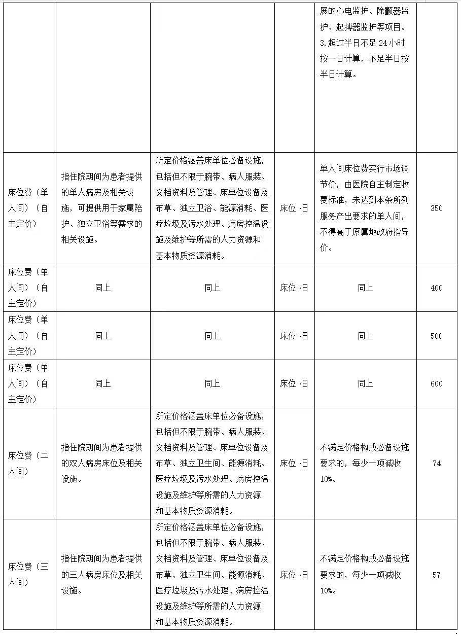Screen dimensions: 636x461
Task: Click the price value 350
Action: tap(436, 208)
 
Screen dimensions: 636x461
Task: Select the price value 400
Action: tap(436, 288)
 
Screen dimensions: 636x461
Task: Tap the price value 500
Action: tap(436, 336)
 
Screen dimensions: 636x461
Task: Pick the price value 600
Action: tap(436, 384)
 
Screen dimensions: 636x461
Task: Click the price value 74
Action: tap(436, 464)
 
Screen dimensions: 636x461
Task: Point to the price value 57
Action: tap(436, 575)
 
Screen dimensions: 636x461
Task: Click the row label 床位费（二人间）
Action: tap(28, 464)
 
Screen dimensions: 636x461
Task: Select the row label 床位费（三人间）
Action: tap(28, 575)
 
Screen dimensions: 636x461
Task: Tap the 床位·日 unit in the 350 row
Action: tap(294, 208)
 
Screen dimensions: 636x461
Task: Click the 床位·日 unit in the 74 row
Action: tap(294, 464)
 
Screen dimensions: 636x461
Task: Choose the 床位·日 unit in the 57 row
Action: tap(294, 575)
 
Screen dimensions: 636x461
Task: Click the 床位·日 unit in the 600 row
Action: tap(294, 384)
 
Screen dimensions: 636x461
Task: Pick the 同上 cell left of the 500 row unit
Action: tap(212, 336)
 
